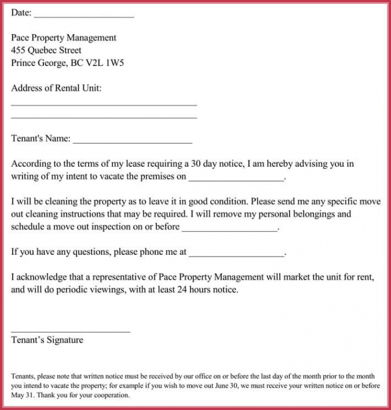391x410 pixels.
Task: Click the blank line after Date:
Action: click(x=84, y=16)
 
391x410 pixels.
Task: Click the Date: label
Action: click(x=21, y=13)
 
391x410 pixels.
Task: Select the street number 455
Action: click(x=18, y=50)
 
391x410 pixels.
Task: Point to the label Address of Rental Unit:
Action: click(x=56, y=88)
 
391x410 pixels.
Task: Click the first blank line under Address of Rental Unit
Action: click(x=104, y=105)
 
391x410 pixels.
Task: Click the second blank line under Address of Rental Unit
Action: click(x=104, y=118)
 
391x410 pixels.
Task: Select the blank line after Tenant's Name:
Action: click(x=133, y=142)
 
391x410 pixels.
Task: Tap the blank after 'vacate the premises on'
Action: click(x=237, y=181)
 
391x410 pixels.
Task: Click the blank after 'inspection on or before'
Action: click(x=230, y=230)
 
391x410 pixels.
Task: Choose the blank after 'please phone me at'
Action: click(x=237, y=255)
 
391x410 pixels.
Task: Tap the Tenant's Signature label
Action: click(x=47, y=341)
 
